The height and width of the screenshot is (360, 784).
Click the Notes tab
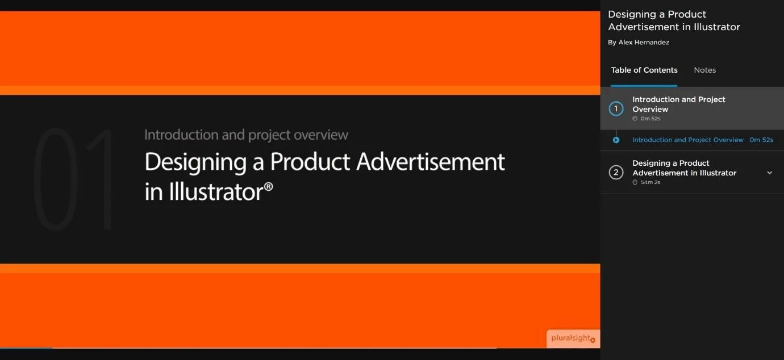(704, 70)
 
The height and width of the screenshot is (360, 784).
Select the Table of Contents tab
(644, 70)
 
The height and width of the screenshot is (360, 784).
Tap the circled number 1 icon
(616, 108)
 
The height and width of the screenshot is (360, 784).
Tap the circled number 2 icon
(616, 172)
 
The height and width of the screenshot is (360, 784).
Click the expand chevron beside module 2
(770, 173)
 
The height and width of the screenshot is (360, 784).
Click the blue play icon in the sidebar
(616, 140)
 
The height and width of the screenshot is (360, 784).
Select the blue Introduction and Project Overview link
(687, 140)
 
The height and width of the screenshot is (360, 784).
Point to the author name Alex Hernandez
(644, 43)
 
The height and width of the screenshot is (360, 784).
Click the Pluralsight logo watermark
(573, 338)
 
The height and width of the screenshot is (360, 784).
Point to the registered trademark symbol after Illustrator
(268, 186)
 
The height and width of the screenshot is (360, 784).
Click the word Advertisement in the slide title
(430, 162)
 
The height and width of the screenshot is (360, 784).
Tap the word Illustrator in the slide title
(216, 192)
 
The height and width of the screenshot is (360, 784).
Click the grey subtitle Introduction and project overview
(246, 135)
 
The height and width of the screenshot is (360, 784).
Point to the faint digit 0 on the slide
(56, 179)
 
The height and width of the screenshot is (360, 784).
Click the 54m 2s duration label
(650, 182)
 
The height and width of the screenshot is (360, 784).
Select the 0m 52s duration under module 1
(650, 119)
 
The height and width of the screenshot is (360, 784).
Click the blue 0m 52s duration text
(761, 140)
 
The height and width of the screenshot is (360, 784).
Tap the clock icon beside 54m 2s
(635, 182)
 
